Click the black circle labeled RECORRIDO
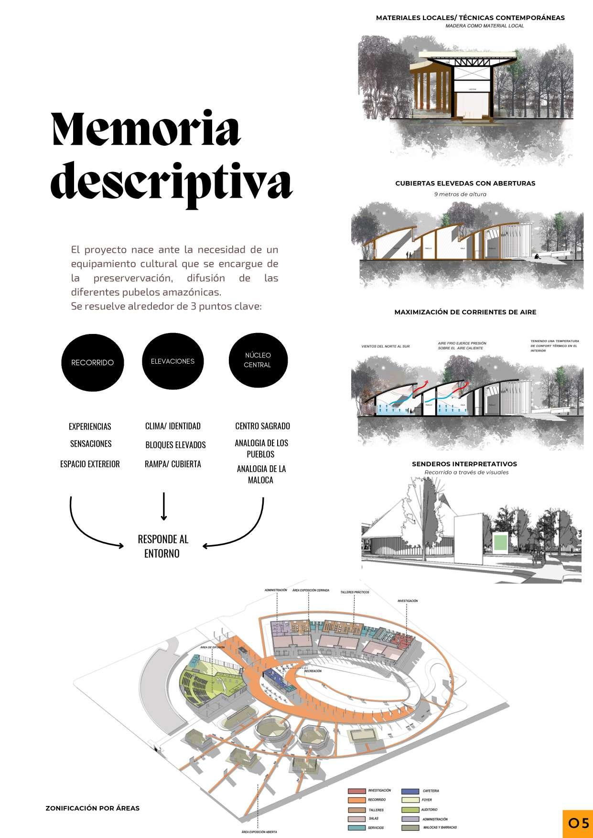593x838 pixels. point(92,362)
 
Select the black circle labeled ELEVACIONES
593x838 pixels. point(173,361)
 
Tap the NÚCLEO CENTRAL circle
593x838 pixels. point(258,360)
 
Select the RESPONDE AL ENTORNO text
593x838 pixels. point(163,546)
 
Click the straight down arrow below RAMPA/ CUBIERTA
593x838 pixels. point(164,505)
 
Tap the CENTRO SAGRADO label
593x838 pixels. point(262,426)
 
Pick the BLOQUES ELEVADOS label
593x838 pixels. point(175,445)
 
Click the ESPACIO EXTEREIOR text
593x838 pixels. point(90,464)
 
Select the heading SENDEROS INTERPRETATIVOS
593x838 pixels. point(464,464)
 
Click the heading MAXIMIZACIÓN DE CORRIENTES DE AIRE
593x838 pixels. point(465,312)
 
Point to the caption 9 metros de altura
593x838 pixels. point(460,194)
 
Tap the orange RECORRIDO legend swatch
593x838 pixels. point(356,800)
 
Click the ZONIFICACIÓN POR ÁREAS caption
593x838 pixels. point(92,808)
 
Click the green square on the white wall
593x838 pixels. point(499,542)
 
